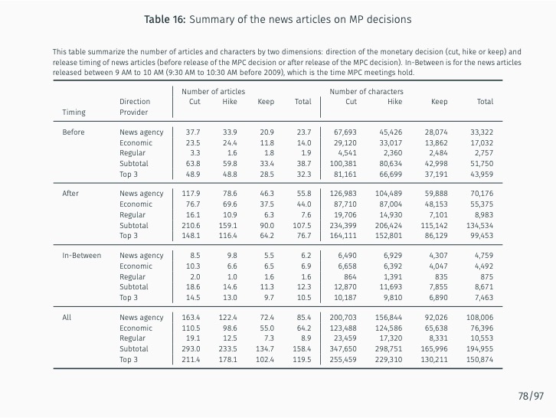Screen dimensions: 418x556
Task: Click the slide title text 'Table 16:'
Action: click(164, 19)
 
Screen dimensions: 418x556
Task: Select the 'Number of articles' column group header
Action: click(214, 91)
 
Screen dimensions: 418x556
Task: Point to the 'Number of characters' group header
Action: click(366, 91)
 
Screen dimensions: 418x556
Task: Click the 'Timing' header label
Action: click(74, 112)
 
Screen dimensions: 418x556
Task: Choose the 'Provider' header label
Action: click(133, 112)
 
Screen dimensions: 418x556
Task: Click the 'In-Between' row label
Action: click(81, 256)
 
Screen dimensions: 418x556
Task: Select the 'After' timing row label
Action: click(70, 194)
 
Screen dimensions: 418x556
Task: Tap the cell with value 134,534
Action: click(480, 225)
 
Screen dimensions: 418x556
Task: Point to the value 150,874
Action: click(480, 359)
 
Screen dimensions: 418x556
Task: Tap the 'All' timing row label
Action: click(67, 318)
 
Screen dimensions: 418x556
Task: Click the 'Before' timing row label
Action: click(73, 132)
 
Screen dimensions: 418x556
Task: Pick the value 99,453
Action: click(482, 235)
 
